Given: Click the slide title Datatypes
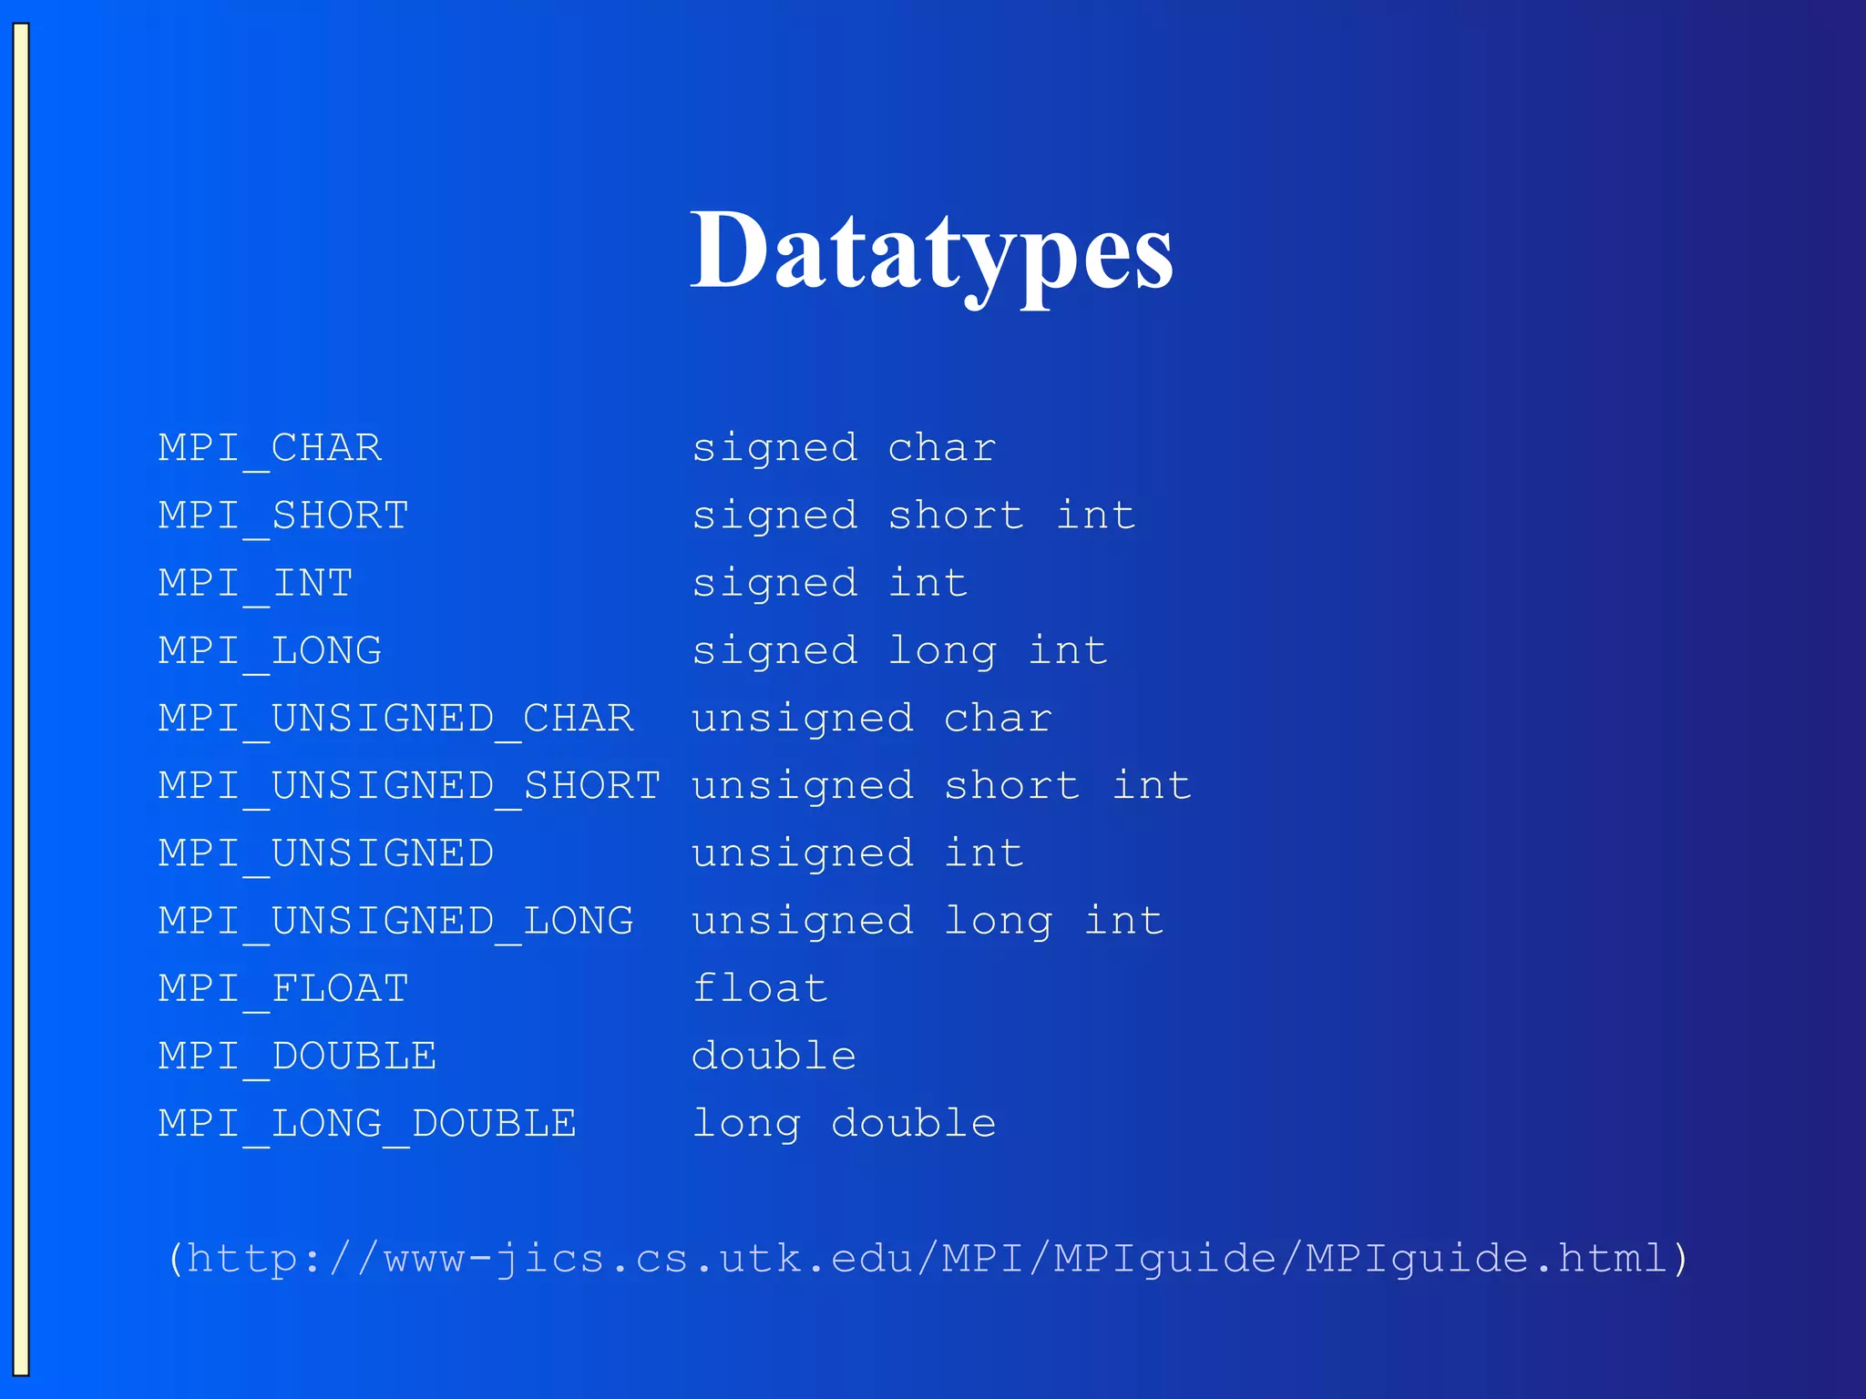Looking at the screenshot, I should point(931,251).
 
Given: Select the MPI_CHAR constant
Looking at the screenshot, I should point(270,448).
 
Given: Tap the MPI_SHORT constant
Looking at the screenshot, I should point(283,516).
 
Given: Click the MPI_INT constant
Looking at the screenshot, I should point(255,583).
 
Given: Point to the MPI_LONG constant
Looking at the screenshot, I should point(270,650).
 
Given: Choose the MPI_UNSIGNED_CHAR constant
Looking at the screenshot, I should point(395,718).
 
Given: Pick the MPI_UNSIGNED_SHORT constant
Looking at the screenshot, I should point(409,785).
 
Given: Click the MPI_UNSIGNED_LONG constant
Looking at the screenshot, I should point(395,920).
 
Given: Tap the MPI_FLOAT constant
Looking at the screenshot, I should point(283,988).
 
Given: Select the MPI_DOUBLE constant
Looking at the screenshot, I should point(297,1056).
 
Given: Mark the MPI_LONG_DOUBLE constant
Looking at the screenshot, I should point(367,1123).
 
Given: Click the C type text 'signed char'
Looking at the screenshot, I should point(844,448).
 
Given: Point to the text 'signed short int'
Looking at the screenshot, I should point(914,516).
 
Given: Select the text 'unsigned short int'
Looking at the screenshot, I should point(941,785).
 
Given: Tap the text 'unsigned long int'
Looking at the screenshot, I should point(928,920).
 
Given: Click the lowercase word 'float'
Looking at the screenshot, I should point(760,988).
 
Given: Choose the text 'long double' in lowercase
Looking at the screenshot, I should point(844,1123).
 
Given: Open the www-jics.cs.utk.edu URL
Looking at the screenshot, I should point(928,1259).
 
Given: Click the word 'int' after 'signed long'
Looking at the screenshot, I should point(1068,650).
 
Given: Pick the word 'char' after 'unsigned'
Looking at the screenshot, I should point(998,718).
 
